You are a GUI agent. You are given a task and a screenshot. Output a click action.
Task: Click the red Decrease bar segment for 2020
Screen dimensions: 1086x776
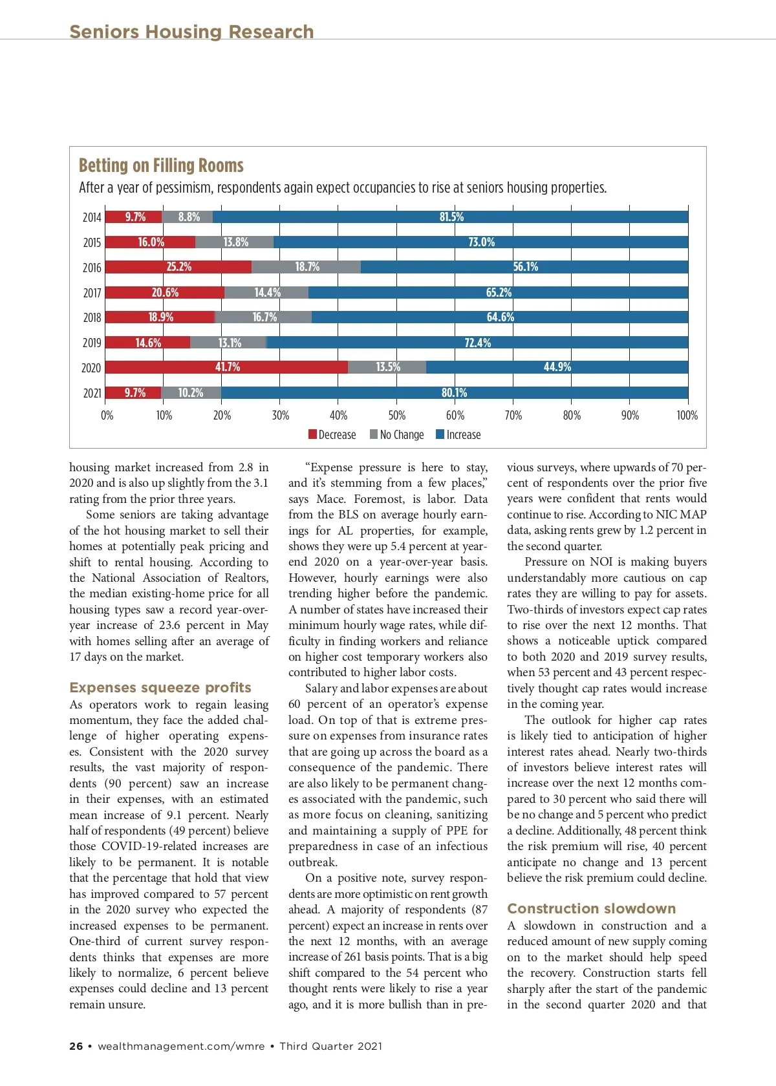pyautogui.click(x=226, y=367)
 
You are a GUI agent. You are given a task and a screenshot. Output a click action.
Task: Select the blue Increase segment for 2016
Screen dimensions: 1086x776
pyautogui.click(x=524, y=267)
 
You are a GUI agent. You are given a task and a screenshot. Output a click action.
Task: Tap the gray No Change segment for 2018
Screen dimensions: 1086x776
pyautogui.click(x=263, y=317)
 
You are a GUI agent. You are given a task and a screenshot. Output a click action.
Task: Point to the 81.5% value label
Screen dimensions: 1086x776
pyautogui.click(x=451, y=217)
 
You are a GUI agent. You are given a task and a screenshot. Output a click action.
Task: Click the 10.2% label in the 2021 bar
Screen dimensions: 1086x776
pyautogui.click(x=190, y=393)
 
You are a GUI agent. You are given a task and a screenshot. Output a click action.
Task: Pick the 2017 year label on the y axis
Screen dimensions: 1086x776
pyautogui.click(x=92, y=293)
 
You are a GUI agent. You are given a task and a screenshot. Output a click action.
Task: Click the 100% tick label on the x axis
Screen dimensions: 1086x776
pyautogui.click(x=687, y=416)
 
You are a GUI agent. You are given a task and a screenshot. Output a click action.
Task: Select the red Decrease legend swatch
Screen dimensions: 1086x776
pyautogui.click(x=312, y=435)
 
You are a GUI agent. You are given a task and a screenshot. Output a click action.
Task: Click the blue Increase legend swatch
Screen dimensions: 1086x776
pyautogui.click(x=440, y=435)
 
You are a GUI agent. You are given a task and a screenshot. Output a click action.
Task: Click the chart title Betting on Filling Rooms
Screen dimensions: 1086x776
pyautogui.click(x=161, y=166)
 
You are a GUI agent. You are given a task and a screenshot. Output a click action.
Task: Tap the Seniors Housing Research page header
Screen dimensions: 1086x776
pyautogui.click(x=191, y=32)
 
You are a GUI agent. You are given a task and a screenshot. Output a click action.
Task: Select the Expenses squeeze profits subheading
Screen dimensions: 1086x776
pyautogui.click(x=160, y=688)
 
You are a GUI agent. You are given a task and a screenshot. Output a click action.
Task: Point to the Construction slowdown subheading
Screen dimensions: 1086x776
pyautogui.click(x=591, y=909)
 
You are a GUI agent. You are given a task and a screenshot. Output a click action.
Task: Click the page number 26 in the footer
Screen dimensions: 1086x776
pyautogui.click(x=76, y=1046)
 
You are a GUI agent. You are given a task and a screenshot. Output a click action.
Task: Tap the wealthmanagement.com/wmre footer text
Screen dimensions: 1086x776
pyautogui.click(x=181, y=1046)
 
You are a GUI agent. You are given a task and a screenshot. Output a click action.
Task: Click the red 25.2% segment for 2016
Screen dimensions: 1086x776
pyautogui.click(x=178, y=267)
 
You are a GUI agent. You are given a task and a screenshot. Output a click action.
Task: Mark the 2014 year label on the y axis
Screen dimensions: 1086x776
pyautogui.click(x=92, y=217)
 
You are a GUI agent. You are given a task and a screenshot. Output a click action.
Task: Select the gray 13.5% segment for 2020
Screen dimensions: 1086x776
pyautogui.click(x=387, y=367)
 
